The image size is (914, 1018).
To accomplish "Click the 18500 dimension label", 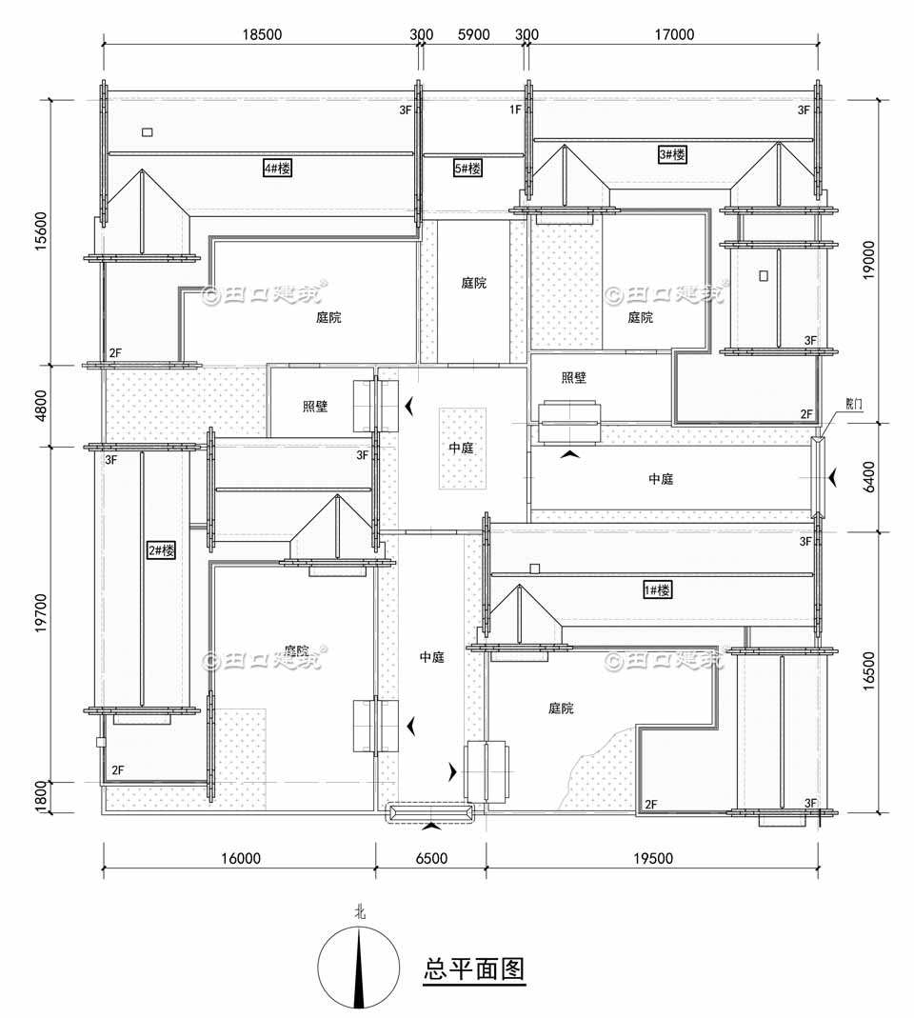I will point(261,34).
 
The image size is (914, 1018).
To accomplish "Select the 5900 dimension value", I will point(473,34).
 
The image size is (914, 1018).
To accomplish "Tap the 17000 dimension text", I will point(673,34).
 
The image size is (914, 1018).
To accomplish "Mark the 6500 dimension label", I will point(430,858).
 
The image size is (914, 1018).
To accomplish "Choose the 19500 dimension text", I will point(652,858).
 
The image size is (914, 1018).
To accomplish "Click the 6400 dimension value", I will point(869,477).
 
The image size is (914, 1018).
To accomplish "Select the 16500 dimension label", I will point(869,672).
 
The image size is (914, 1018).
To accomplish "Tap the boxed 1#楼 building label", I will point(657,590).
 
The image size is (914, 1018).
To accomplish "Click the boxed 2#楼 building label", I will point(161,550).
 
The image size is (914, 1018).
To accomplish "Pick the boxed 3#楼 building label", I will point(672,153).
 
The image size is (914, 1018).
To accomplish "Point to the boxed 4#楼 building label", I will point(277,169).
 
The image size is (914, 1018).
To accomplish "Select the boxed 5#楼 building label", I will point(467,169).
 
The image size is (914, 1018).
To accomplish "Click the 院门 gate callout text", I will point(855,404).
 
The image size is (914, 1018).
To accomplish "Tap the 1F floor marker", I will point(515,110).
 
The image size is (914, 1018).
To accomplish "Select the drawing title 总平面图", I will point(474,969).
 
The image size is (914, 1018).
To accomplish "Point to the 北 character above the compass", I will point(360,911).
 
